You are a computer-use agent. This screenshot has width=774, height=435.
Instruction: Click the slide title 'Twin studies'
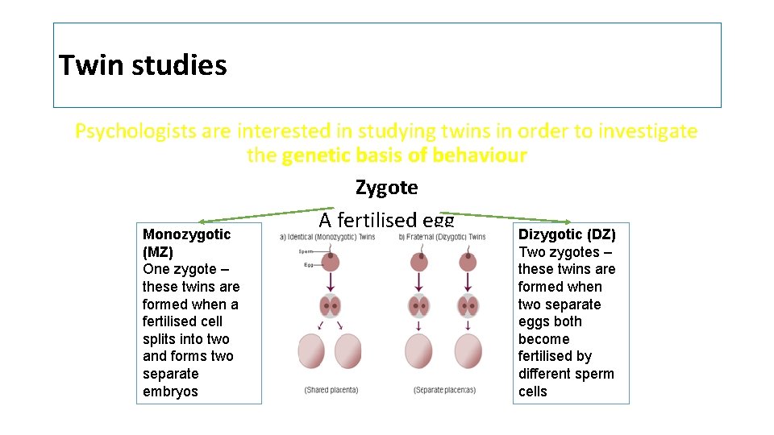click(x=143, y=64)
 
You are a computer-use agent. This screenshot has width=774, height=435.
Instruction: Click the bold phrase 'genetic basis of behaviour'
click(x=404, y=155)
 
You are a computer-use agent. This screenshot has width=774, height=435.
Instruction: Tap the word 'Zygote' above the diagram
click(x=386, y=188)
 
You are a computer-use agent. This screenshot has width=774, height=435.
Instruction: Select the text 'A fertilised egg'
click(x=386, y=220)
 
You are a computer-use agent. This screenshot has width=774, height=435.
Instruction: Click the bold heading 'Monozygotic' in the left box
click(x=186, y=234)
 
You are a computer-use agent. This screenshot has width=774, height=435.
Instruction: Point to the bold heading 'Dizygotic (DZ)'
click(x=567, y=234)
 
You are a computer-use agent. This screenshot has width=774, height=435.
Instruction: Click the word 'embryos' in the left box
click(x=170, y=391)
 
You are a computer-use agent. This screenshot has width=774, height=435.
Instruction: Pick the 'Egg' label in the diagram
click(x=308, y=265)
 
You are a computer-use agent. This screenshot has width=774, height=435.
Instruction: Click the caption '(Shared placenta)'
click(x=331, y=390)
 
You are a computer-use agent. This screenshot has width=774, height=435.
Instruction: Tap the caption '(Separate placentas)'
click(x=444, y=390)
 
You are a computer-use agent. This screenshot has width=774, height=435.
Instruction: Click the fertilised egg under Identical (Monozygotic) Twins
click(x=331, y=261)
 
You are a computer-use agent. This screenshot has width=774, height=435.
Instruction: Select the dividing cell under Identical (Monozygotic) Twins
click(x=331, y=306)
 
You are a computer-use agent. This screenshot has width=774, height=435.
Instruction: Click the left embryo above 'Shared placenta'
click(x=311, y=351)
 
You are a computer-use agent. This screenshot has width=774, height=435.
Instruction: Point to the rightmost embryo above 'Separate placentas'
click(x=468, y=351)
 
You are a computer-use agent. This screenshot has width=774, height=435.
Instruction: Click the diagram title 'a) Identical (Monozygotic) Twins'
click(x=328, y=237)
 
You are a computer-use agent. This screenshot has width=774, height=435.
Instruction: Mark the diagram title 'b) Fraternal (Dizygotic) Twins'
click(x=442, y=237)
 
